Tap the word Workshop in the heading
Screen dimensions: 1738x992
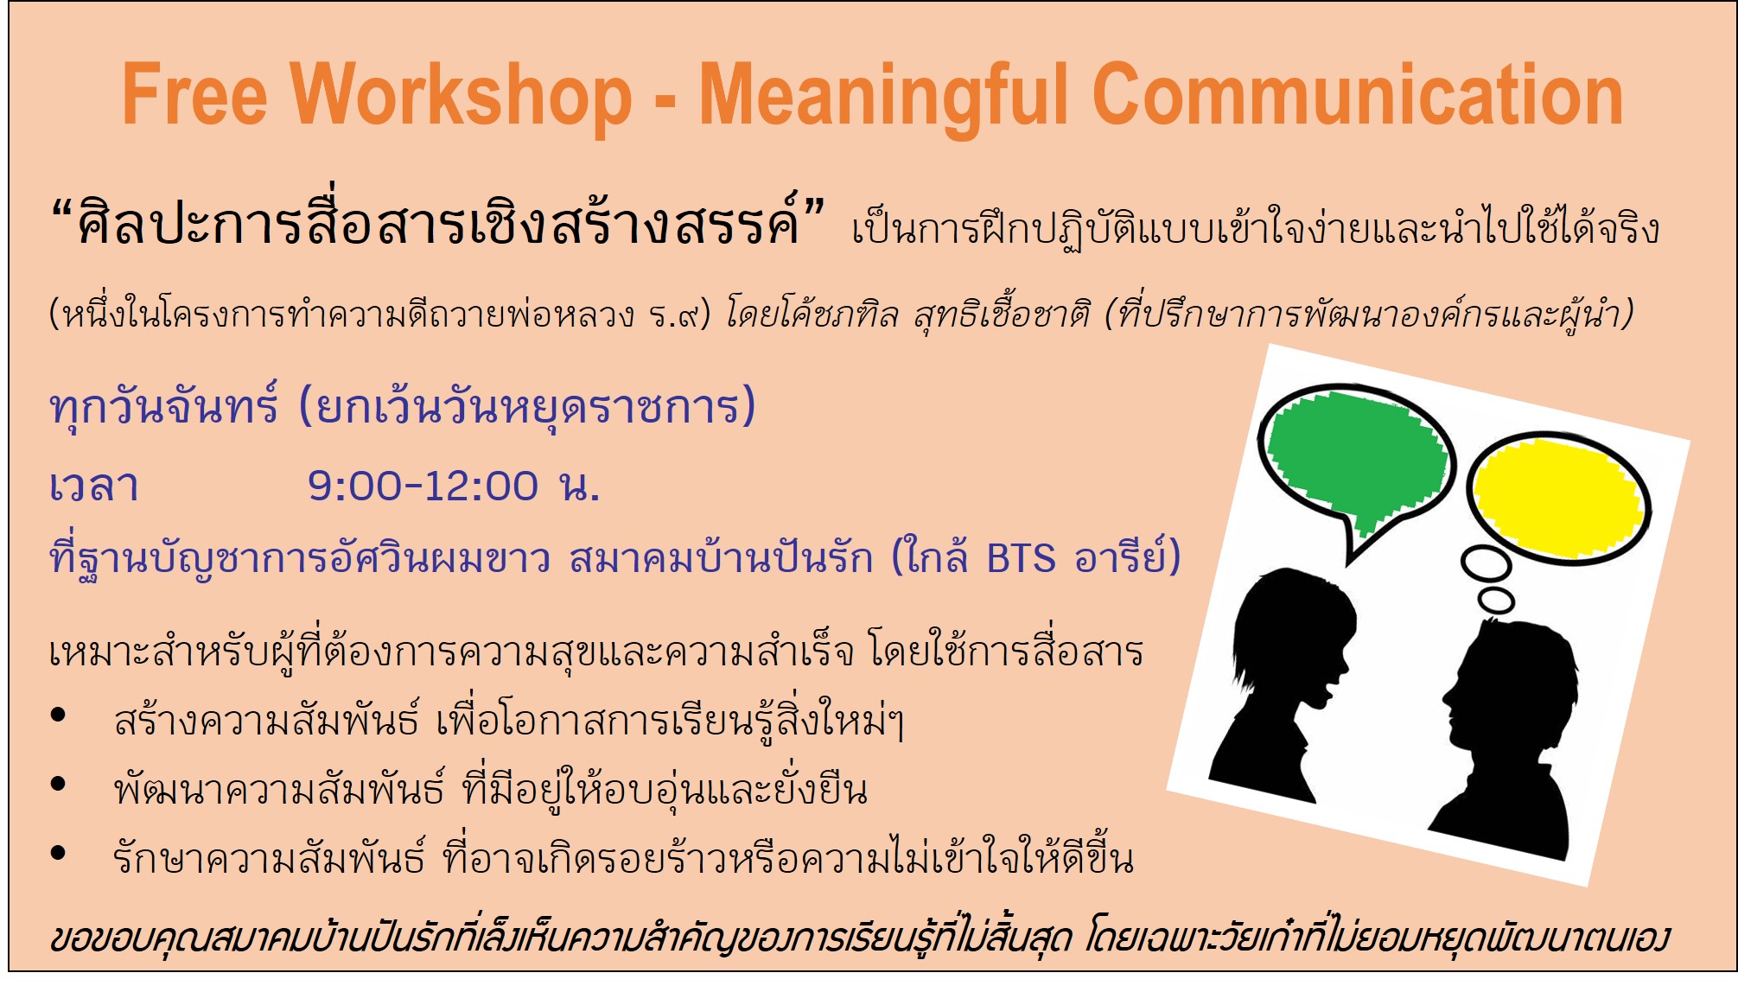(x=462, y=98)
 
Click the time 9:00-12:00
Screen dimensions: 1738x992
(x=423, y=486)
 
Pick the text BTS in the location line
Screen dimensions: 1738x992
(x=1021, y=559)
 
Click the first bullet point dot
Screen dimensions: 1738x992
(x=59, y=715)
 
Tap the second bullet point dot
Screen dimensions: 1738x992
(x=59, y=784)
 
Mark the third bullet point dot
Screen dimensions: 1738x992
(x=59, y=853)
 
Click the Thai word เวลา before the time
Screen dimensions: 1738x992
(x=94, y=486)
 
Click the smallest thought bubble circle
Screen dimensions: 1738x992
(x=1496, y=600)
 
